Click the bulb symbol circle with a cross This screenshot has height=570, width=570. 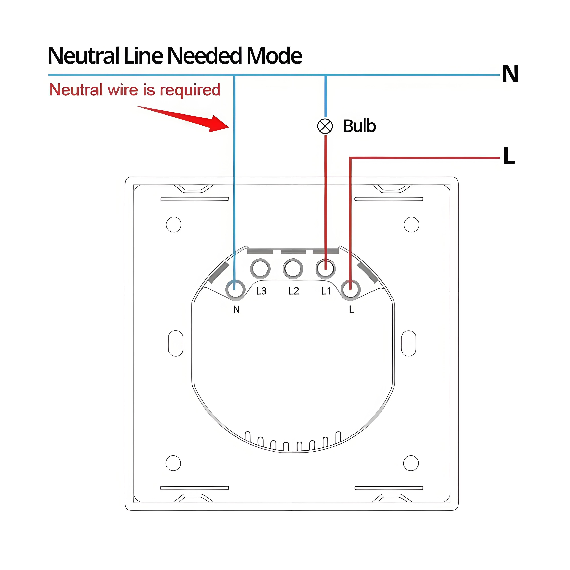[x=325, y=126]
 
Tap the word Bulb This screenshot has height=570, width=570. [x=359, y=126]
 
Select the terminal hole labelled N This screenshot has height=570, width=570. [x=235, y=289]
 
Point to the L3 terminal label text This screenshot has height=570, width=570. [x=261, y=291]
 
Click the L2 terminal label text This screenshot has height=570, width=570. [x=294, y=291]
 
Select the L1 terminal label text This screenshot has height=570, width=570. [x=326, y=291]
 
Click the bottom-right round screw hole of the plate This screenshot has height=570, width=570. [x=411, y=463]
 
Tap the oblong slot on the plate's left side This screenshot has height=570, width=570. [x=176, y=343]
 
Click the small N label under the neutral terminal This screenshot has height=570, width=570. [x=236, y=310]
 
